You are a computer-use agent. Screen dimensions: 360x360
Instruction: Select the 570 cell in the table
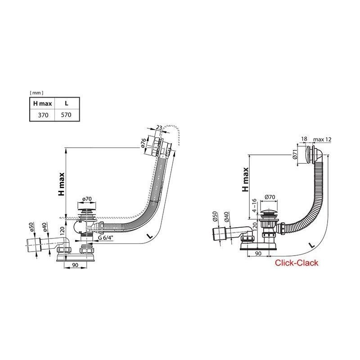[x=66, y=115]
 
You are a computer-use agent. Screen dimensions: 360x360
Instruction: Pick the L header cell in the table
[x=66, y=103]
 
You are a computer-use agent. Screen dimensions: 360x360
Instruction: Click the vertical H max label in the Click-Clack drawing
[x=246, y=180]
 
